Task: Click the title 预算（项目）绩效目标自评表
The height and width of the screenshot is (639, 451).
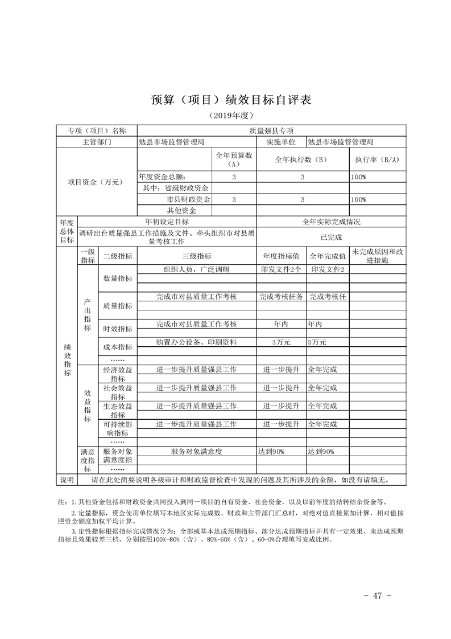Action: [225, 100]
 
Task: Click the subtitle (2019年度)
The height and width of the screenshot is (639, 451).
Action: [225, 116]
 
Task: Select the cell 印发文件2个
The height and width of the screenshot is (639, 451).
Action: [281, 269]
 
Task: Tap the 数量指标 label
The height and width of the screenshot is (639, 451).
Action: [117, 278]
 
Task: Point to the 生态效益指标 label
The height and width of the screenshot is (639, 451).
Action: [117, 411]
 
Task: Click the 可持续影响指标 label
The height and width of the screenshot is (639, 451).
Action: [117, 429]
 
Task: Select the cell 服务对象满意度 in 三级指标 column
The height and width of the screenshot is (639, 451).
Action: [196, 452]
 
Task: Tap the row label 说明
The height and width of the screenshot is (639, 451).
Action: [67, 480]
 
